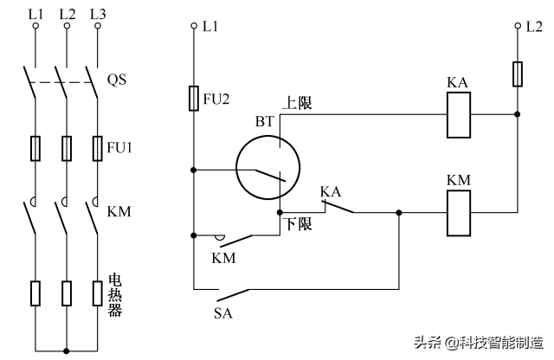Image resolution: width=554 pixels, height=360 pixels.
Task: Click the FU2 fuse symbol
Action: pyautogui.click(x=194, y=99)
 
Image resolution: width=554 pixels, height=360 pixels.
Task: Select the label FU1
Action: pyautogui.click(x=119, y=146)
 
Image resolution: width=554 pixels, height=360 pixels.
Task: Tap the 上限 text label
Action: pyautogui.click(x=297, y=103)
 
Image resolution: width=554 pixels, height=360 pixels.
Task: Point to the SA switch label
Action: pyautogui.click(x=222, y=312)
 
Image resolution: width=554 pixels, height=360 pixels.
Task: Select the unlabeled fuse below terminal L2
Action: pyautogui.click(x=517, y=74)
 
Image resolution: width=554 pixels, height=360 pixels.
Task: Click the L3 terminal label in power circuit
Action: pyautogui.click(x=97, y=14)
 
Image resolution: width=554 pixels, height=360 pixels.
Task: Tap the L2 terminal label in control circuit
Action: pyautogui.click(x=534, y=27)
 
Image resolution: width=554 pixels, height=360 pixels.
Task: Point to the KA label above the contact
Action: pyautogui.click(x=330, y=190)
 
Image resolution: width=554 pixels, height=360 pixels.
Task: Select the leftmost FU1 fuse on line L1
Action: pyautogui.click(x=36, y=148)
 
